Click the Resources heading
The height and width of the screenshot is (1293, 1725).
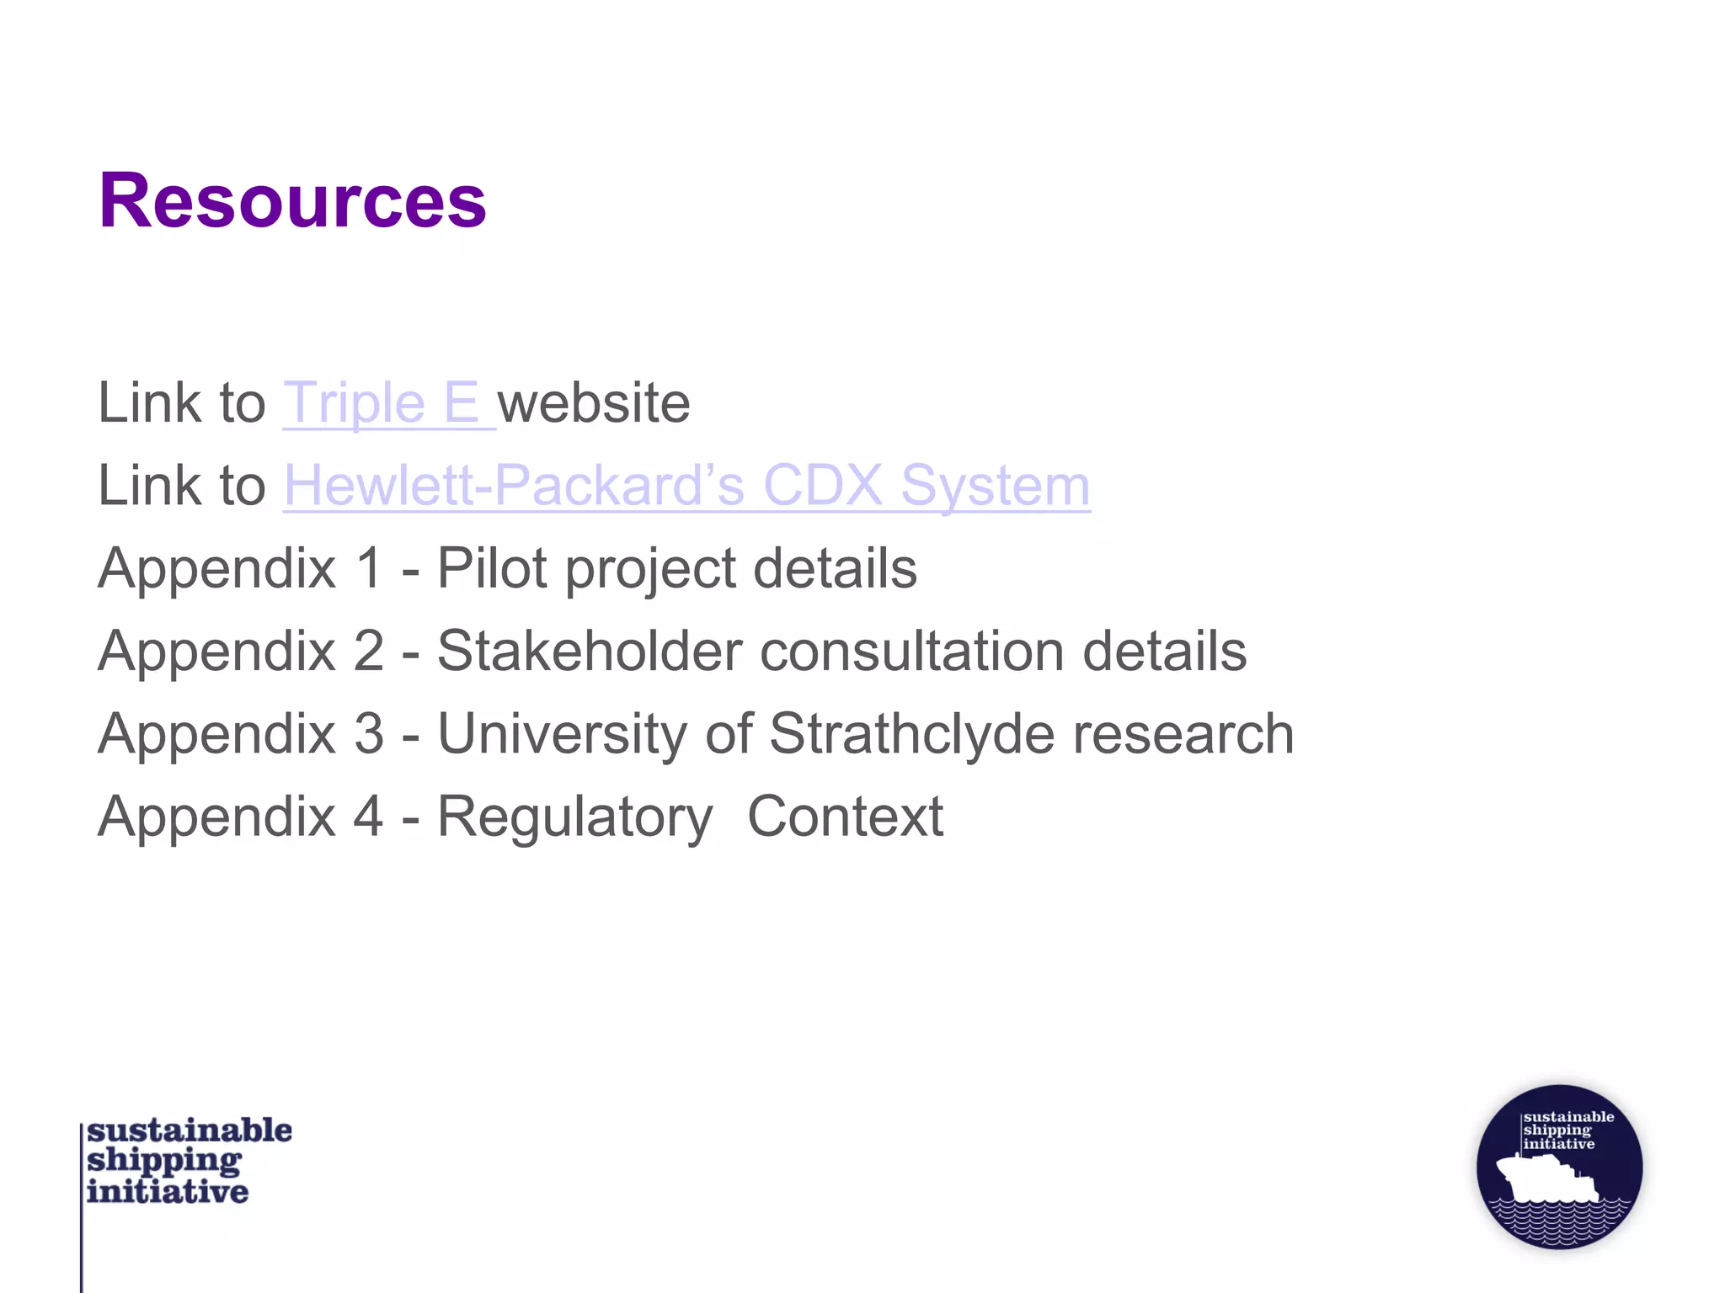(x=292, y=201)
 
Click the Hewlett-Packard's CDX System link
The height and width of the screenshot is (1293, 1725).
(x=686, y=486)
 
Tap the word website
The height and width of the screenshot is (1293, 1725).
(x=594, y=402)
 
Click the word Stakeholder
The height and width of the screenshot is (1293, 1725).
(x=590, y=651)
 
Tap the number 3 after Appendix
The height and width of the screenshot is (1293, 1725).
(x=369, y=733)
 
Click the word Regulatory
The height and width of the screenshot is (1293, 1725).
(x=574, y=817)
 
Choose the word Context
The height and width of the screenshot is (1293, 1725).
(x=845, y=816)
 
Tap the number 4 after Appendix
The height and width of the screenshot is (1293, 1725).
(x=369, y=816)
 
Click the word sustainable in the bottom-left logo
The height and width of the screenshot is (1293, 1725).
(x=190, y=1131)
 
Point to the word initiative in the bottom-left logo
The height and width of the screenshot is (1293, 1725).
(x=168, y=1191)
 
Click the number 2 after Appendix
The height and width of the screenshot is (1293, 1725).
(x=369, y=651)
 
